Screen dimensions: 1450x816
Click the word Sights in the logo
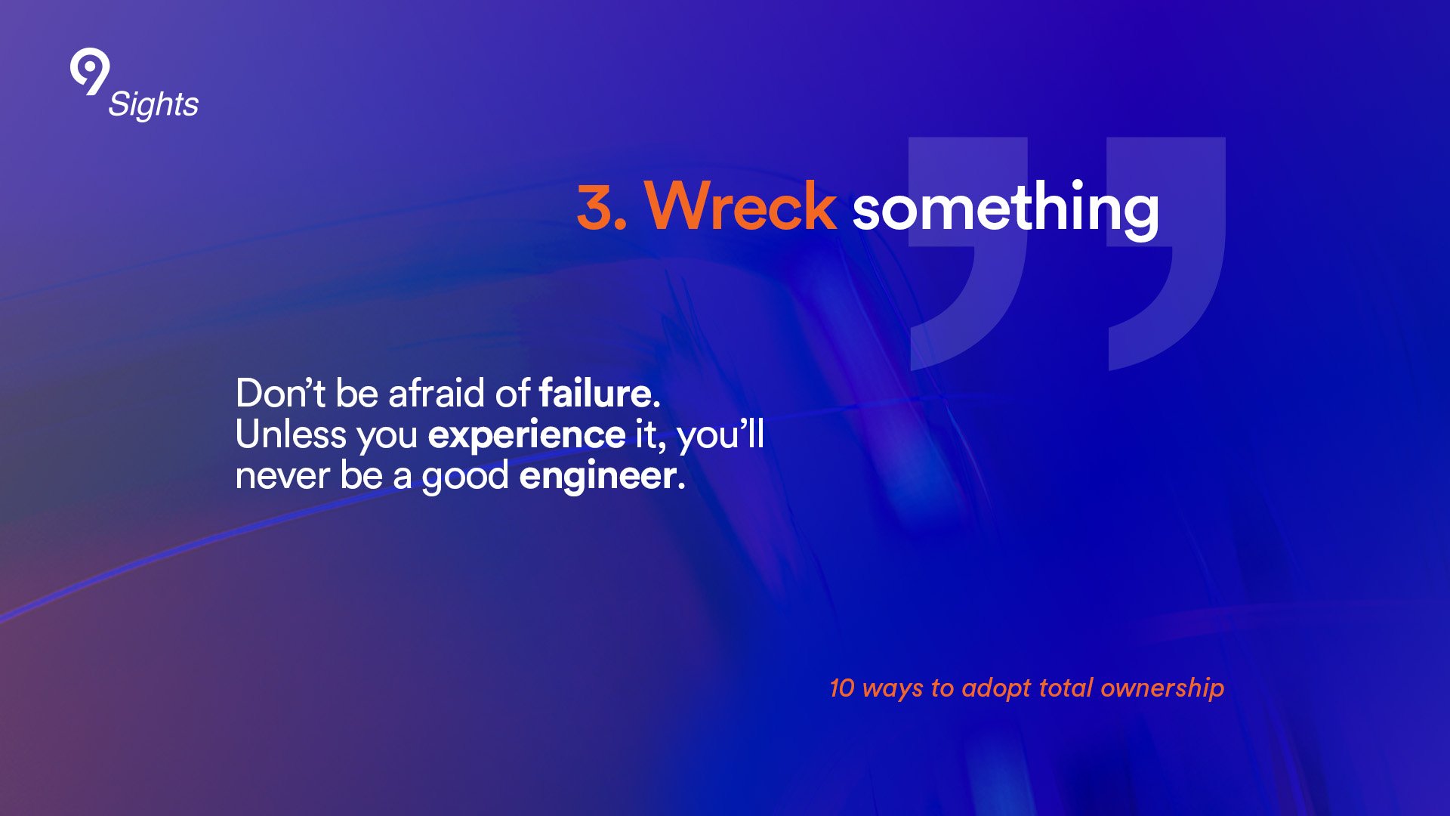pos(153,104)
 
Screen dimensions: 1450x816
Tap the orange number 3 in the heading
pos(597,206)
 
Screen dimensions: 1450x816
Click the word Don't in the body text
pos(280,393)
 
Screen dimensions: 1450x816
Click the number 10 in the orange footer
pos(841,688)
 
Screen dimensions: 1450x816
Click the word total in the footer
pos(1066,688)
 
